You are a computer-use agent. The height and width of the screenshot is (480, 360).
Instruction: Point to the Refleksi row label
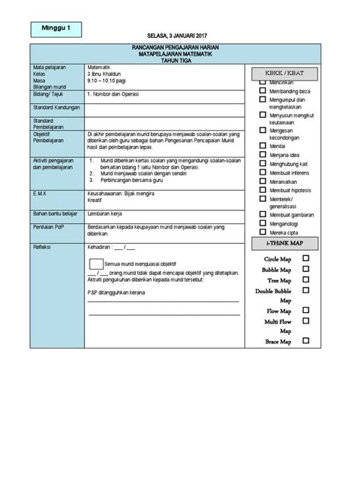pyautogui.click(x=43, y=247)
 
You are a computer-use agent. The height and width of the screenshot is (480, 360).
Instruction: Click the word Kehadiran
pyautogui.click(x=100, y=247)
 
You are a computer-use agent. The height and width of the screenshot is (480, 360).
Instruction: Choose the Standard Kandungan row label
pyautogui.click(x=55, y=108)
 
